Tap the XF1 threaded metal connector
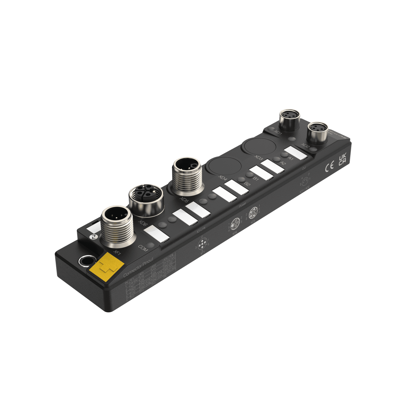[117, 224]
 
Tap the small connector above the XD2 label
[318, 132]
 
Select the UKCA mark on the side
[342, 160]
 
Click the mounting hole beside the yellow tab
[86, 260]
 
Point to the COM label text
[143, 248]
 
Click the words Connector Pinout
[138, 267]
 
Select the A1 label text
[291, 158]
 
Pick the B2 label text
[247, 184]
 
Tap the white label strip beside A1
[296, 153]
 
